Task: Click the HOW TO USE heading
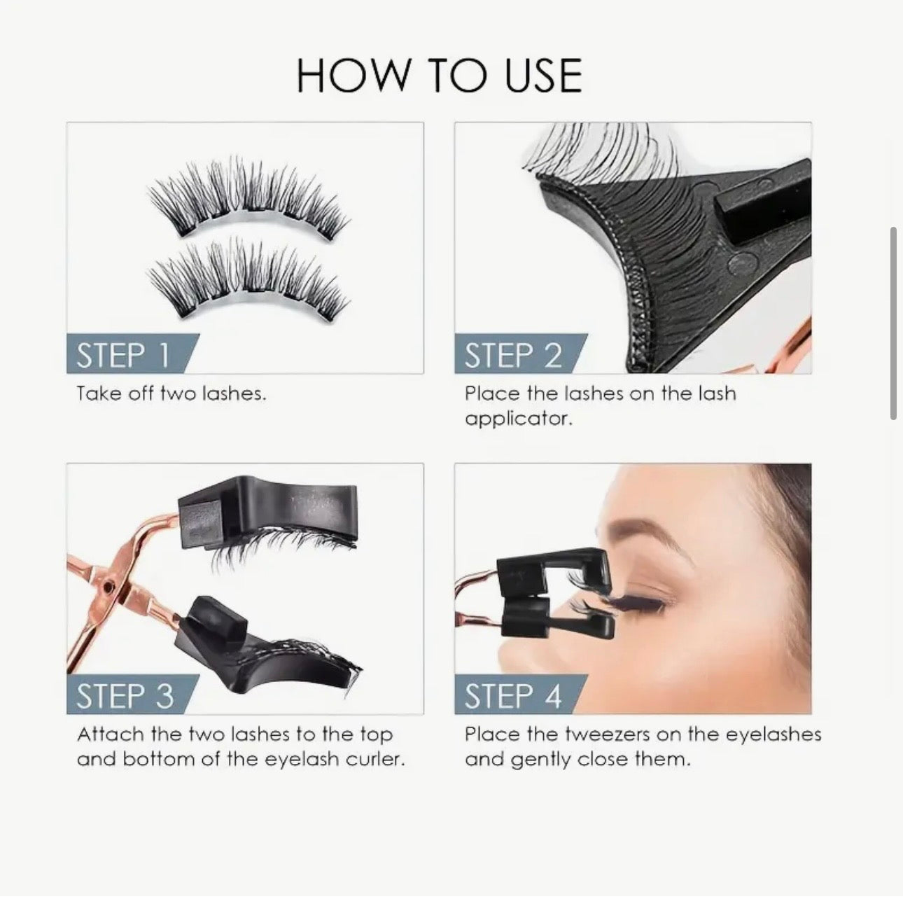point(439,76)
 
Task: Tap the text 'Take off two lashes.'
point(171,393)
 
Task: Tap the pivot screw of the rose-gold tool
point(108,587)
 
